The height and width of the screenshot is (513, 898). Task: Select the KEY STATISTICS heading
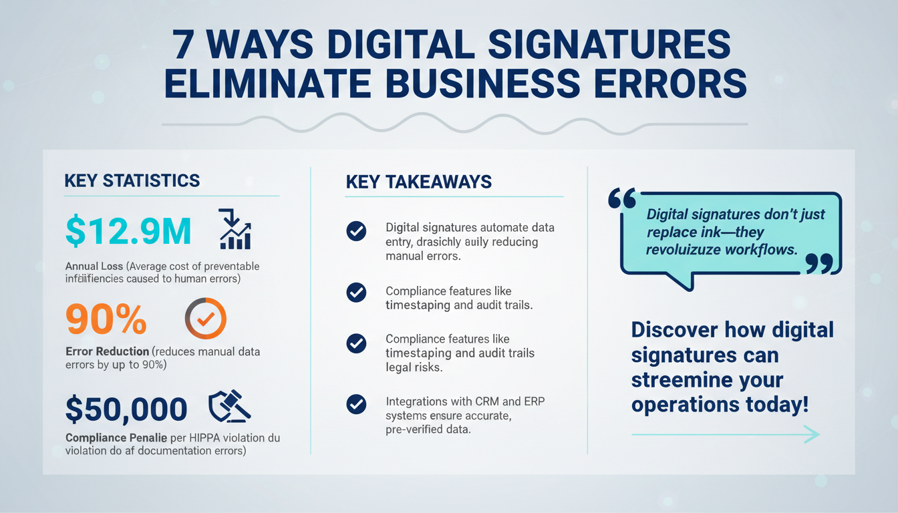132,180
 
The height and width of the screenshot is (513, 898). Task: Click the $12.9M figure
129,231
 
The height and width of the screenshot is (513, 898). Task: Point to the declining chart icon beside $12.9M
235,230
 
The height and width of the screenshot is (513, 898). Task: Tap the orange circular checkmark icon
204,319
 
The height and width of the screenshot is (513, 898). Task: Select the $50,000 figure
126,409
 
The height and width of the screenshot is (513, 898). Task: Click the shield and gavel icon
229,405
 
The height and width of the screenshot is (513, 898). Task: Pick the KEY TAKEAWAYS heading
419,182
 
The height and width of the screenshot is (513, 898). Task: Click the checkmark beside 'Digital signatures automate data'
356,231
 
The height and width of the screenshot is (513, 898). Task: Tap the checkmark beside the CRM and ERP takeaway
356,403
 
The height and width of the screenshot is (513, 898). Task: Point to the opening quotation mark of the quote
623,198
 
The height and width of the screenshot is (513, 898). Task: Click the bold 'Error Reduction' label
107,351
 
